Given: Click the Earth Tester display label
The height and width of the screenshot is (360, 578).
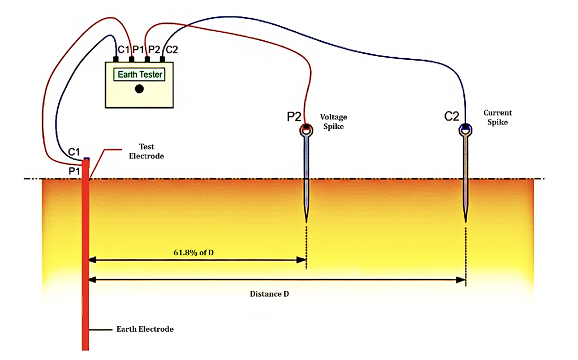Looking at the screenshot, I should pyautogui.click(x=140, y=75).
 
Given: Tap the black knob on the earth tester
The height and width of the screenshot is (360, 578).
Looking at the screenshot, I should pyautogui.click(x=139, y=89).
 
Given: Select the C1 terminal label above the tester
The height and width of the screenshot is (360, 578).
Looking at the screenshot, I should pyautogui.click(x=123, y=50).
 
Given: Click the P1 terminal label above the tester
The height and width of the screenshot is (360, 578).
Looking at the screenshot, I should pyautogui.click(x=139, y=50).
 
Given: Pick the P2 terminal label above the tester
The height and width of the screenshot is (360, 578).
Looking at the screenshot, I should pyautogui.click(x=154, y=50).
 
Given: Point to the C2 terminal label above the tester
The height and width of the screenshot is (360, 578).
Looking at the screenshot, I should pyautogui.click(x=170, y=50).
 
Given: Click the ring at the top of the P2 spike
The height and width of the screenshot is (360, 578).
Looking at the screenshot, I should pyautogui.click(x=306, y=130).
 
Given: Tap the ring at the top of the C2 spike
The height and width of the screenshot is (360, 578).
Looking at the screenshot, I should pyautogui.click(x=465, y=130).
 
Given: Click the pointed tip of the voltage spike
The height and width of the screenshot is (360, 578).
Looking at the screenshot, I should pyautogui.click(x=306, y=220).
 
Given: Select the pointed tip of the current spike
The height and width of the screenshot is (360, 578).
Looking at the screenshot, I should pyautogui.click(x=465, y=220).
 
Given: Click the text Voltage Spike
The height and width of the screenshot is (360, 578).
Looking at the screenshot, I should pyautogui.click(x=334, y=122).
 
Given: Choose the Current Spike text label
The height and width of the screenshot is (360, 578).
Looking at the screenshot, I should pyautogui.click(x=498, y=117).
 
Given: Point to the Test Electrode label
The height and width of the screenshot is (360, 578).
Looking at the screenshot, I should pyautogui.click(x=146, y=151).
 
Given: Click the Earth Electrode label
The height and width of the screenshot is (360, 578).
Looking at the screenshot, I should pyautogui.click(x=145, y=329).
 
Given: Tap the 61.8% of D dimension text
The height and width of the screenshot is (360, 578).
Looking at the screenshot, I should pyautogui.click(x=193, y=252).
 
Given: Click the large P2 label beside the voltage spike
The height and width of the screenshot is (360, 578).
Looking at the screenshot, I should pyautogui.click(x=294, y=117).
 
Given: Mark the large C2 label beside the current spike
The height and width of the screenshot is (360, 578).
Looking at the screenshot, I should pyautogui.click(x=452, y=117).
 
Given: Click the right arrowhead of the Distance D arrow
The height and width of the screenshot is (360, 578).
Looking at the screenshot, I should pyautogui.click(x=461, y=279).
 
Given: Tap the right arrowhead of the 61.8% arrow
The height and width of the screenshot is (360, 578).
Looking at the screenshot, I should pyautogui.click(x=301, y=260).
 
